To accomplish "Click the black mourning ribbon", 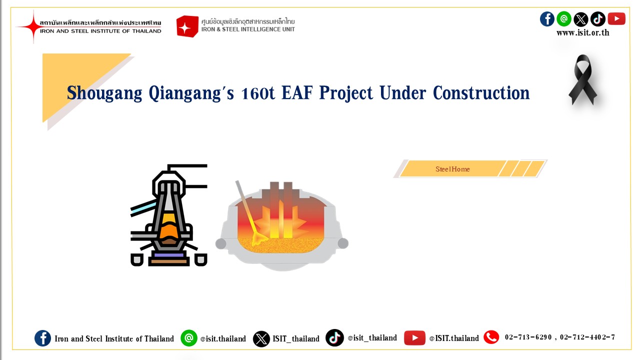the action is [x=582, y=79].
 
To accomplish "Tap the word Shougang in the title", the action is [x=104, y=93].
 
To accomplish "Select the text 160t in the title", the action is [x=257, y=93].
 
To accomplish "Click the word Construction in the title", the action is [x=481, y=93].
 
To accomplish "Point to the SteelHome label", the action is [x=452, y=169].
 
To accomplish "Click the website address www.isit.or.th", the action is [x=583, y=33].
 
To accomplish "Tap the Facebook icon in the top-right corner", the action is [x=547, y=19].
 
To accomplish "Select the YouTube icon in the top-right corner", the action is [x=616, y=19].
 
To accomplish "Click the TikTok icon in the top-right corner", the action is [x=597, y=19].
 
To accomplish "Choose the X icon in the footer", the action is [x=261, y=339].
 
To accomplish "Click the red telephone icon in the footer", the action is [x=491, y=337].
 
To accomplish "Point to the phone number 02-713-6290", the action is [x=528, y=337].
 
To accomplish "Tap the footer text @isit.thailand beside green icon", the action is [x=223, y=339].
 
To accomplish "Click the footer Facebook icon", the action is [x=43, y=338].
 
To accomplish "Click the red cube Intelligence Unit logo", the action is [x=187, y=26].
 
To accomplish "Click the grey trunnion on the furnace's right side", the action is [x=343, y=243].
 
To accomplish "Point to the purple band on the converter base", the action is [x=169, y=255].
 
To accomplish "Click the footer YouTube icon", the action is [x=414, y=338].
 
